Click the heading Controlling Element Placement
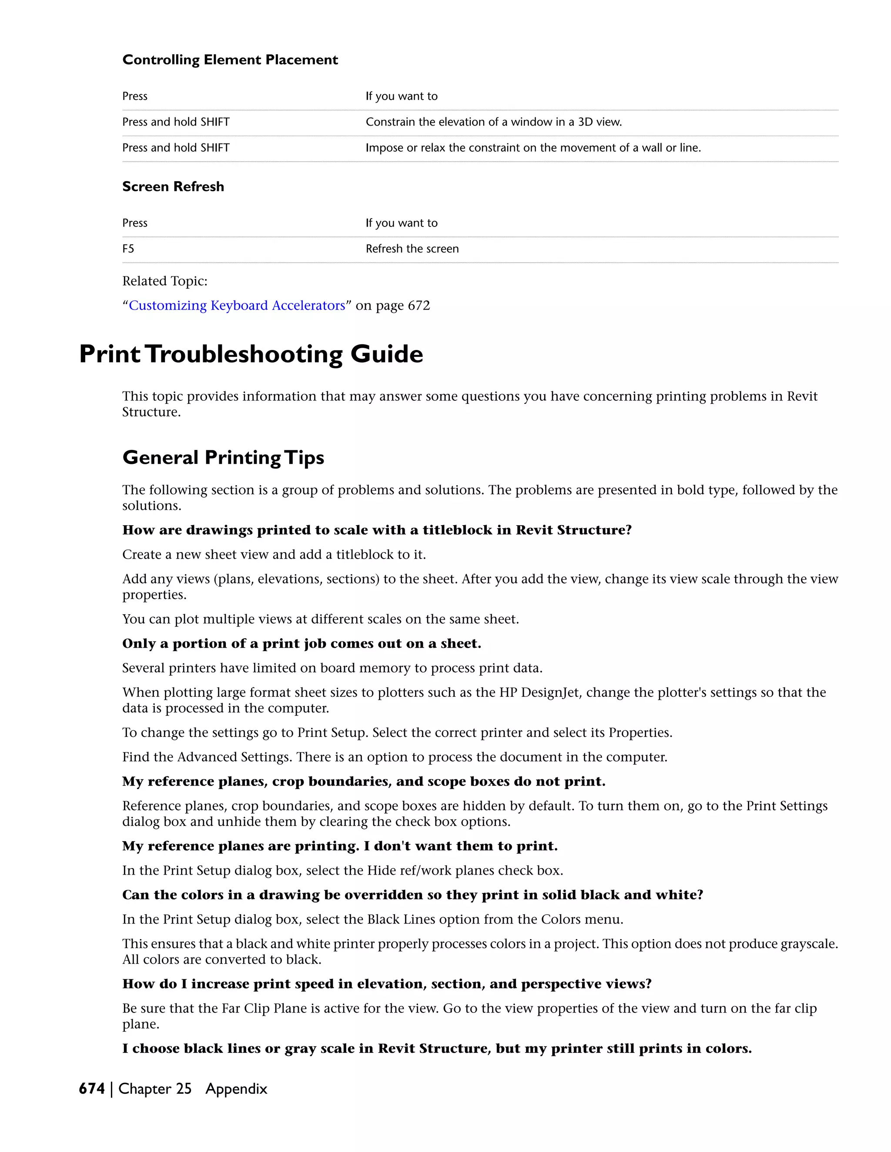pos(230,60)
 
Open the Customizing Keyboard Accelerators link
pos(237,306)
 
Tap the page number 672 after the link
pos(419,306)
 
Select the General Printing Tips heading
pos(223,457)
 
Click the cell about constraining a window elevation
pos(493,122)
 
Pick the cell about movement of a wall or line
pos(533,148)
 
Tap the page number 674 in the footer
pos(92,1088)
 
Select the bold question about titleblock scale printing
pos(377,529)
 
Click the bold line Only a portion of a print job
pos(301,643)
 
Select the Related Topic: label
pos(165,281)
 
